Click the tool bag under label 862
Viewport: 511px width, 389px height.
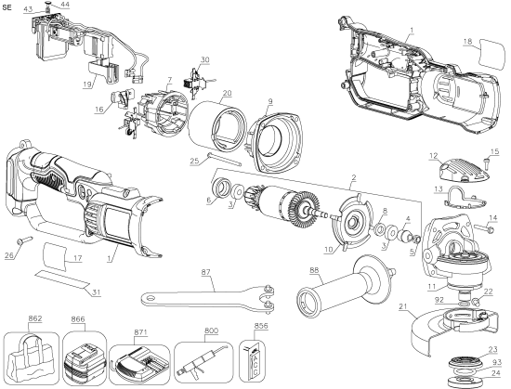pos(31,356)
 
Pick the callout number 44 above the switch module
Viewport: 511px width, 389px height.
pos(65,6)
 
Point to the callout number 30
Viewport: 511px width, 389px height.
pos(205,59)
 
